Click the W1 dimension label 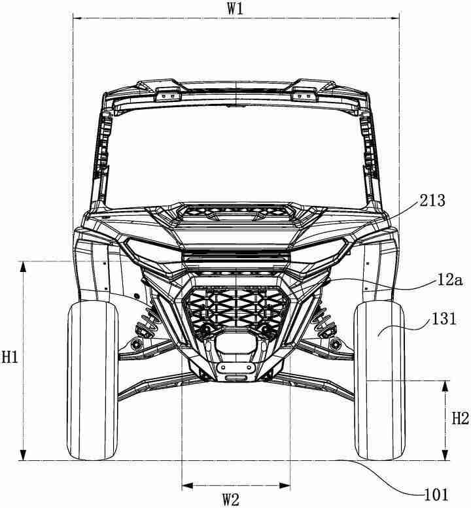[235, 9]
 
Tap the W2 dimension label [231, 500]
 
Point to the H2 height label [461, 419]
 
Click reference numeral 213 [432, 201]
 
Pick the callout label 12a [449, 280]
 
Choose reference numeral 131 [444, 319]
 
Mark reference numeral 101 [436, 495]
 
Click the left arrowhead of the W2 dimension [187, 485]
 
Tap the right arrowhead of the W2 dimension [285, 485]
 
